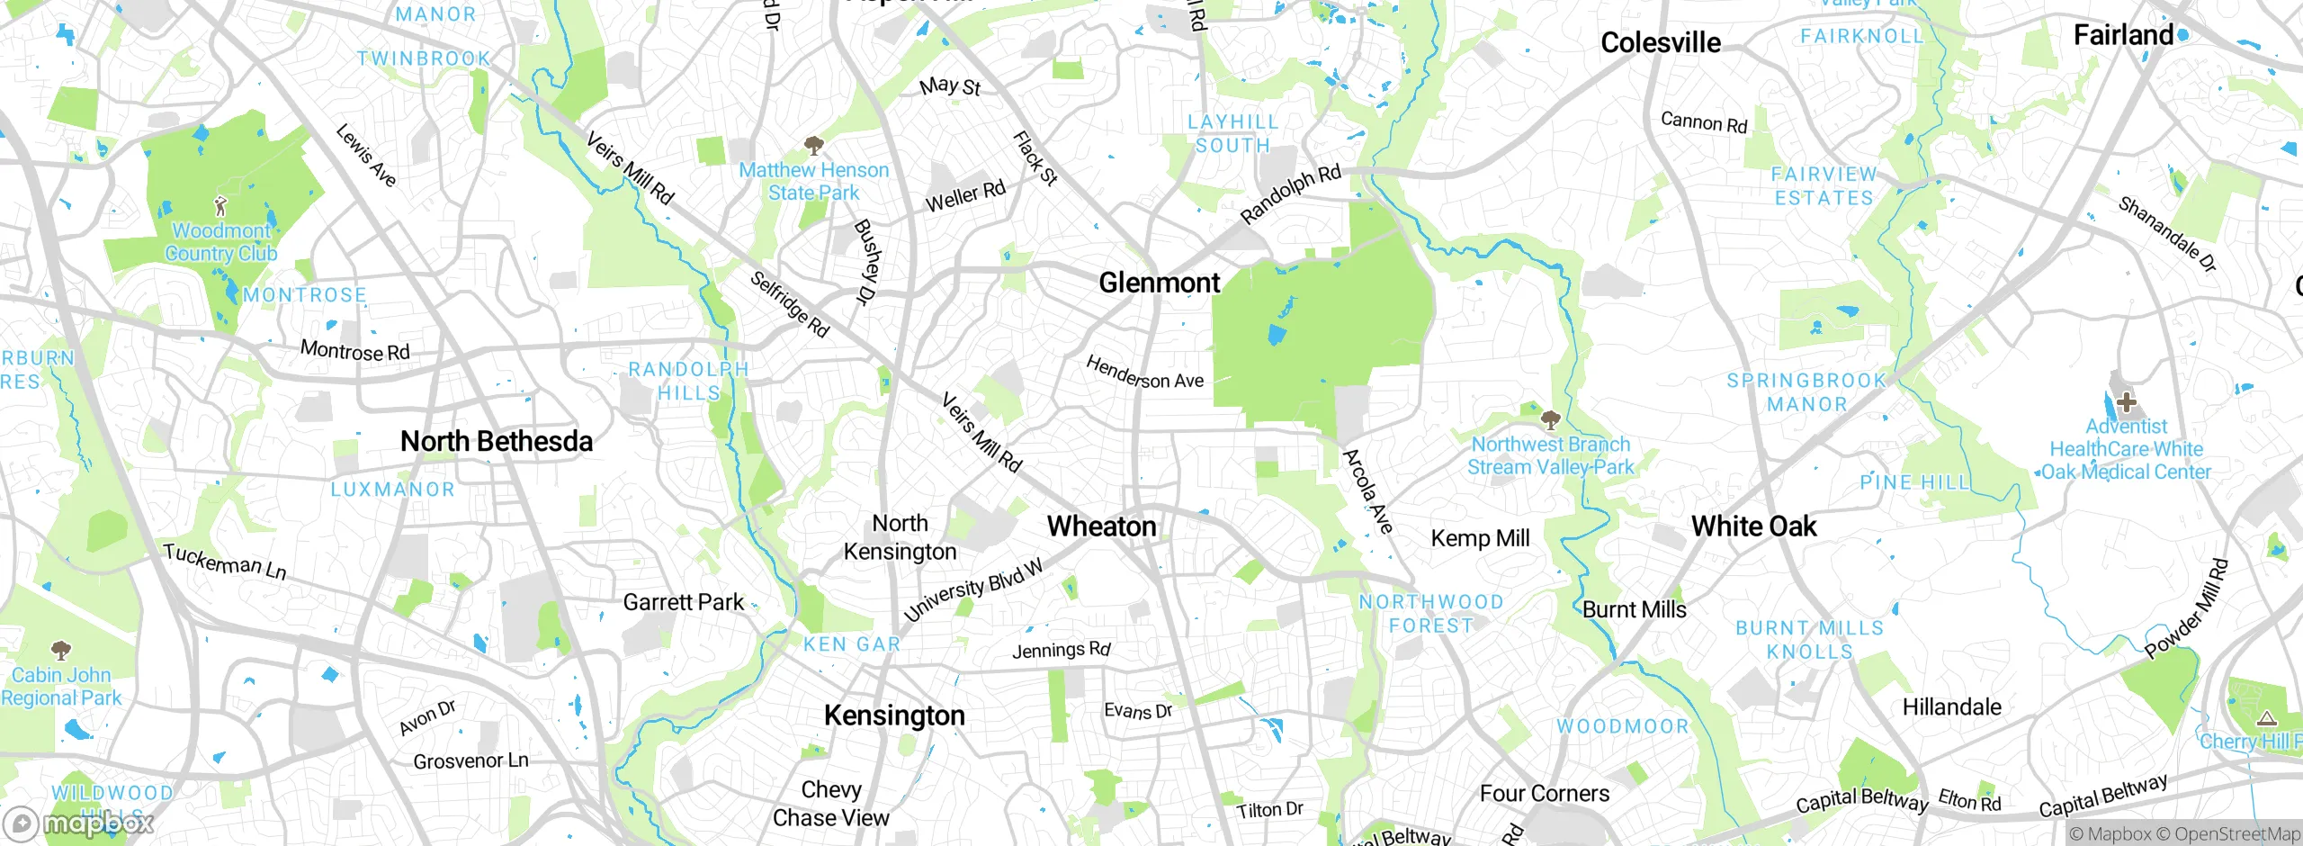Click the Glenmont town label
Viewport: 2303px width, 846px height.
click(x=1159, y=283)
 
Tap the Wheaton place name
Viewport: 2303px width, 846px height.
click(x=1101, y=526)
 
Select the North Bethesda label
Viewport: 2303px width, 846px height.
click(x=497, y=442)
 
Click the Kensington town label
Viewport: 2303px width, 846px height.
click(x=894, y=715)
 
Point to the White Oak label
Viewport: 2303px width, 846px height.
click(x=1753, y=526)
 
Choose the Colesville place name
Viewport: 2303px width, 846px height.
click(x=1661, y=42)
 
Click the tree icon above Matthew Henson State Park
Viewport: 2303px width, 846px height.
click(x=814, y=145)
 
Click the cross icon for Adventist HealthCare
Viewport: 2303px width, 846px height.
click(x=2126, y=401)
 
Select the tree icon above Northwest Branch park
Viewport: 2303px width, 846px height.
click(x=1550, y=419)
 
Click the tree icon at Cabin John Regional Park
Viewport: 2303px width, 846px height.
click(x=60, y=650)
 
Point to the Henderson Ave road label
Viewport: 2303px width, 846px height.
click(x=1144, y=373)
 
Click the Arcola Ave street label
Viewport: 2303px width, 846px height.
click(x=1367, y=491)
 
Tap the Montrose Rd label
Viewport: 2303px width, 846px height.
click(x=354, y=350)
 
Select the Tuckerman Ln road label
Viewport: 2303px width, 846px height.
click(x=225, y=562)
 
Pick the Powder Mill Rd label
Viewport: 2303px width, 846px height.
click(x=2187, y=608)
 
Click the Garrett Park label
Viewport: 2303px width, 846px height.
click(x=683, y=602)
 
